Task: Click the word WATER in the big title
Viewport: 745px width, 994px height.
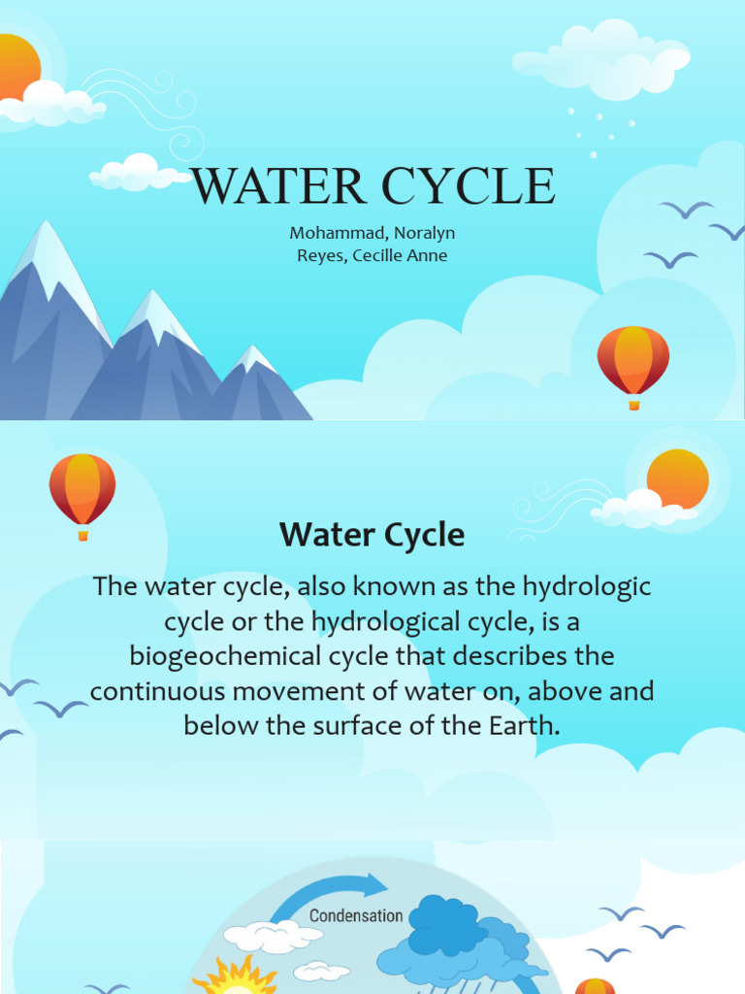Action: (277, 186)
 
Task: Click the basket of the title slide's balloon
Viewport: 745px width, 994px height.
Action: (633, 404)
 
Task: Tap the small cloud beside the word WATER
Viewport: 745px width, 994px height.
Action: (136, 173)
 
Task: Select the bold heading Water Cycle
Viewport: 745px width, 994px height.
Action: (372, 535)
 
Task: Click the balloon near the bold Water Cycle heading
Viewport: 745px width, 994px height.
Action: (82, 488)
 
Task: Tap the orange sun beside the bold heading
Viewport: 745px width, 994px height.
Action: (677, 479)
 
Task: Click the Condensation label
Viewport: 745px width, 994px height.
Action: (356, 915)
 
